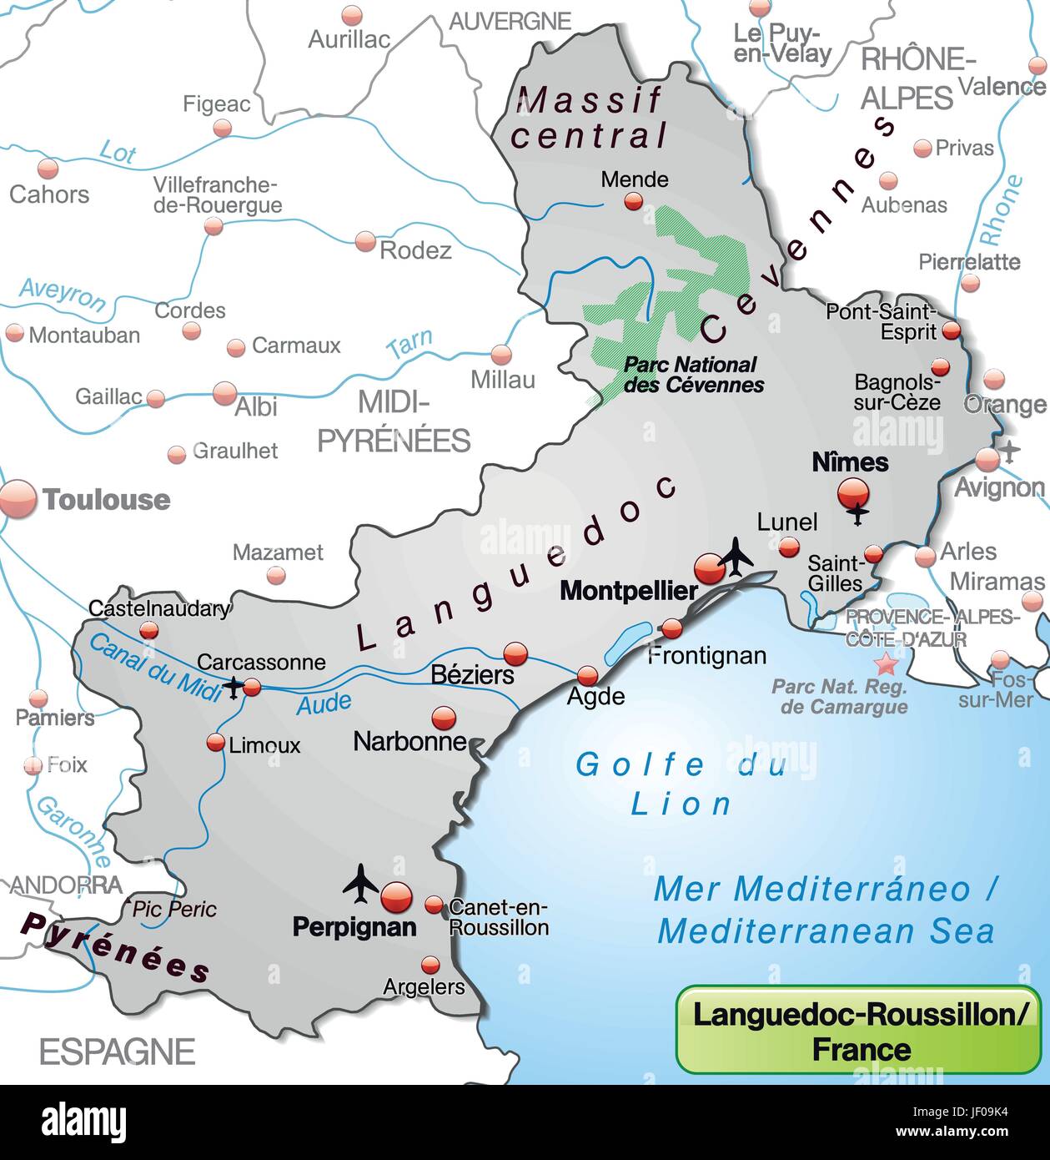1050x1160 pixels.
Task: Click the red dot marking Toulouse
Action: click(18, 499)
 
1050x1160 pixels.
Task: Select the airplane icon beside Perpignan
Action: click(360, 883)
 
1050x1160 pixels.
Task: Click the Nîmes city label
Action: click(850, 461)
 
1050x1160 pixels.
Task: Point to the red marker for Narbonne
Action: click(443, 718)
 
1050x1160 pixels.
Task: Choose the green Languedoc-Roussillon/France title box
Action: click(858, 1030)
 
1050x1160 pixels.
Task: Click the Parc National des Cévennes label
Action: click(693, 375)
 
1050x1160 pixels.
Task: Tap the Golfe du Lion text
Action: click(681, 784)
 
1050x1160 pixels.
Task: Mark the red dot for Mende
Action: click(634, 201)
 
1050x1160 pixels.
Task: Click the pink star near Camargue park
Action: click(886, 664)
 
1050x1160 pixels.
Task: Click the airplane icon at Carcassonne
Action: click(233, 688)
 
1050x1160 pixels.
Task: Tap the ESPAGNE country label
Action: click(117, 1052)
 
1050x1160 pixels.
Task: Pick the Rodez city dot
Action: click(365, 241)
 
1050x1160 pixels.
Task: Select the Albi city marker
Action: click(224, 393)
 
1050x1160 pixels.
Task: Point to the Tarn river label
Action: click(409, 344)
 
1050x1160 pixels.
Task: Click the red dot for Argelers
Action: click(430, 966)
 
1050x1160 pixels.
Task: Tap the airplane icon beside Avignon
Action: click(1011, 451)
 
